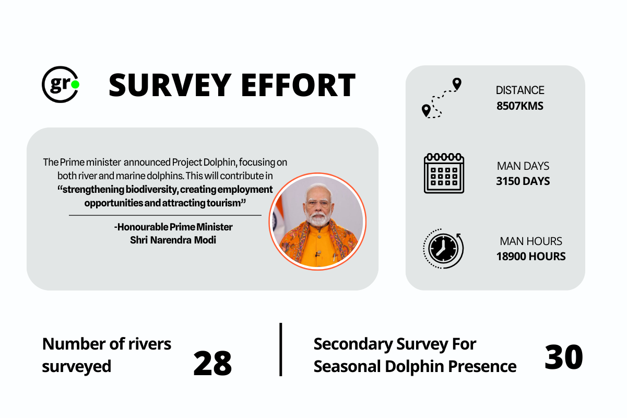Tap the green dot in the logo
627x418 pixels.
[x=75, y=84]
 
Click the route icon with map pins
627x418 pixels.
[x=442, y=98]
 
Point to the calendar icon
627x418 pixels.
[x=444, y=173]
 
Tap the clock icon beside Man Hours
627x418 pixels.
[x=442, y=248]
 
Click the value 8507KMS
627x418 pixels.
[x=520, y=106]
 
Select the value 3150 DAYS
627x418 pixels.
[x=523, y=181]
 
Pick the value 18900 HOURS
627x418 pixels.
[x=530, y=256]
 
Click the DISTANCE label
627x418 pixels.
[x=520, y=90]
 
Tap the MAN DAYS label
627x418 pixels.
[x=523, y=166]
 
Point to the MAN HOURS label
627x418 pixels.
[x=530, y=241]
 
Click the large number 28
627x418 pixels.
[x=212, y=363]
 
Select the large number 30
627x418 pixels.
[x=563, y=357]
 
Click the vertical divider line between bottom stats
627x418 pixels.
[x=281, y=349]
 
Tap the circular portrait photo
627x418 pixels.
[x=317, y=221]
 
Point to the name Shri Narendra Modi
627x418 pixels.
[x=173, y=240]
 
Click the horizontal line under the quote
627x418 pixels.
[x=165, y=215]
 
